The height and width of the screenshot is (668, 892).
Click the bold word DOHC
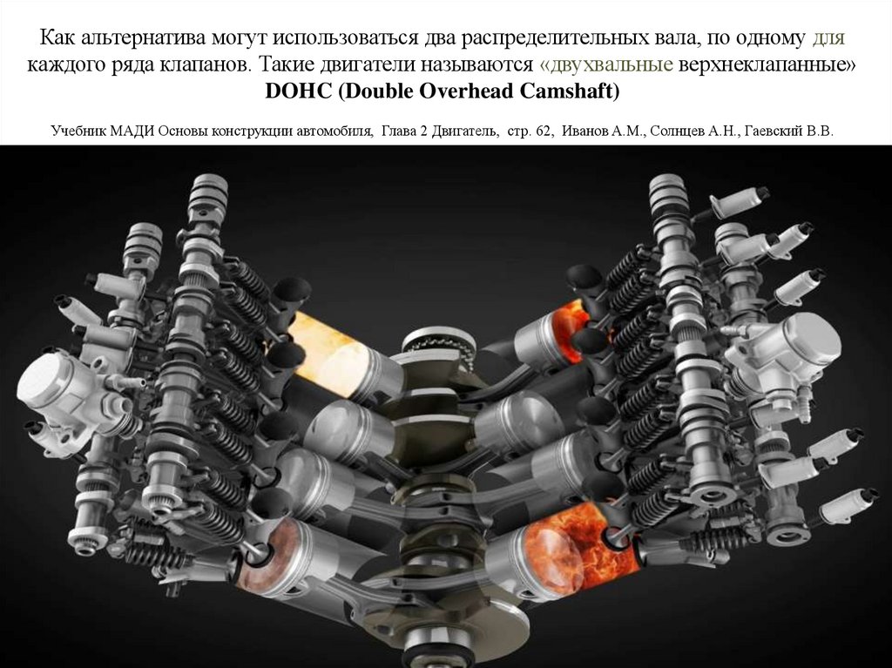298,91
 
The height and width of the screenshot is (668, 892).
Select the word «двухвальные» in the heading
606,64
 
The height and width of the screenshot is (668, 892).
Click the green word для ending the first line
828,38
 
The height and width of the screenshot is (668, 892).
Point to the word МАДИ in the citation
133,132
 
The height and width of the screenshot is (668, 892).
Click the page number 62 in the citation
544,132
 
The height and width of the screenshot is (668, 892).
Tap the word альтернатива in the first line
145,38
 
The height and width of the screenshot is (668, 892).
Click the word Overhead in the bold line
466,91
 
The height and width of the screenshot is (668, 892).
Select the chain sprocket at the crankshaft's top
438,342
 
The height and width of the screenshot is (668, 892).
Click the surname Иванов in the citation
585,132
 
